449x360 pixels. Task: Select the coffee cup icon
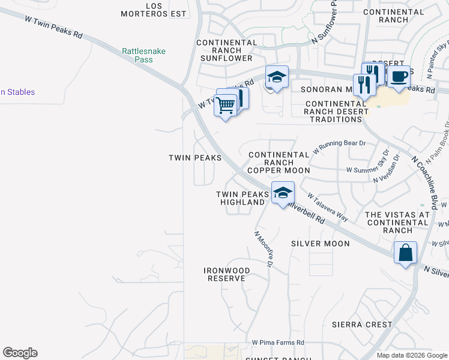399,77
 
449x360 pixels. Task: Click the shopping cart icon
226,105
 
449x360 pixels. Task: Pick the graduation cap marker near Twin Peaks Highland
283,193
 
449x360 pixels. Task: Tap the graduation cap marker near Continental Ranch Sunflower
277,77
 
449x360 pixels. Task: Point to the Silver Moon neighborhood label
320,244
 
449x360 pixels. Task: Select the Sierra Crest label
362,325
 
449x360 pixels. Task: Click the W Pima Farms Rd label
278,343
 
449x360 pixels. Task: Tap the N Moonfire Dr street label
264,249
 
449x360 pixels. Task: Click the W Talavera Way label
328,207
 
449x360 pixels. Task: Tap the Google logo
20,353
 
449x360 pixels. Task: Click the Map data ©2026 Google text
411,355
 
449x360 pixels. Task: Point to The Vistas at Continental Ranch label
397,222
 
